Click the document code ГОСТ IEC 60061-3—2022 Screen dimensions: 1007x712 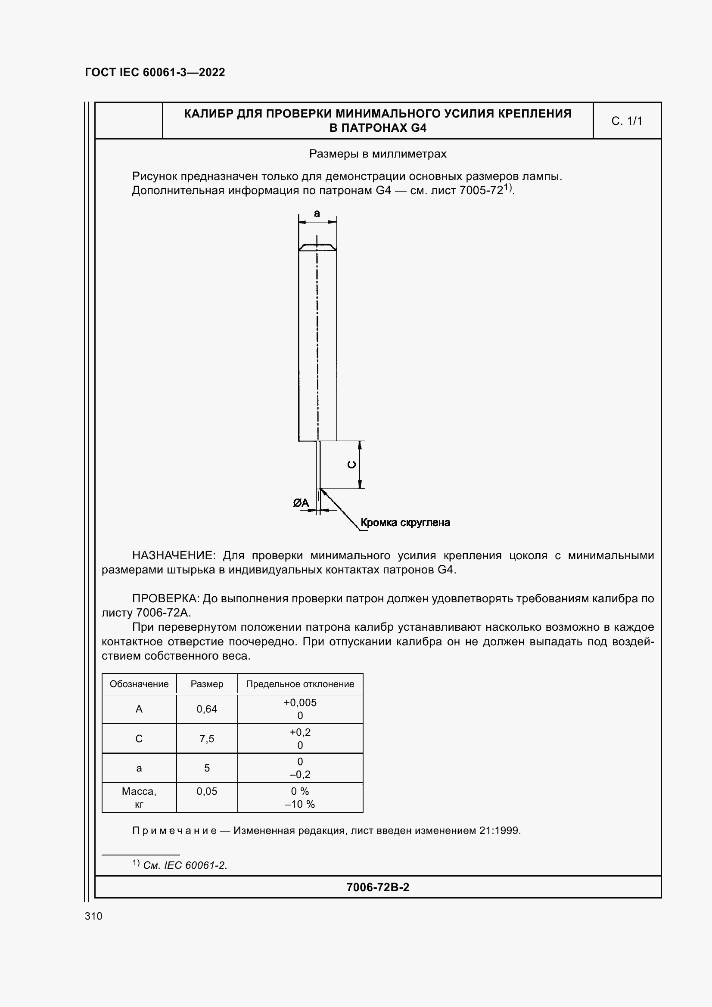[155, 72]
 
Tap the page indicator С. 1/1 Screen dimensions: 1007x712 [626, 121]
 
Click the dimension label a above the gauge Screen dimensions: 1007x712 [317, 214]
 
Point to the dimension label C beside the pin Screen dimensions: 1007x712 [352, 465]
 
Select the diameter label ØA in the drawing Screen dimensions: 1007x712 [301, 503]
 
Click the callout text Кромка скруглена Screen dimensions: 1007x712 [405, 522]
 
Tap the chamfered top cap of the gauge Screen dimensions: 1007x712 [317, 248]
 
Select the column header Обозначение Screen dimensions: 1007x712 [139, 684]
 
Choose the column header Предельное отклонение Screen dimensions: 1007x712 [300, 684]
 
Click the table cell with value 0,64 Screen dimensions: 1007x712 [207, 709]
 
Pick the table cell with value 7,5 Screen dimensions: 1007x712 [207, 739]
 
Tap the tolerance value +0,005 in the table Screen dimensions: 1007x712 [300, 703]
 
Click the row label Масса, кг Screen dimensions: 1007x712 [139, 797]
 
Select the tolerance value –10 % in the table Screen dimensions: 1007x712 [300, 804]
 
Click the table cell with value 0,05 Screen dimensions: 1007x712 [207, 791]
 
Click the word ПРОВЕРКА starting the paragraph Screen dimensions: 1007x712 [165, 599]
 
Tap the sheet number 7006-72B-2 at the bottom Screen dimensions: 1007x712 [378, 887]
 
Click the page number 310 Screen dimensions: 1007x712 [93, 916]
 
